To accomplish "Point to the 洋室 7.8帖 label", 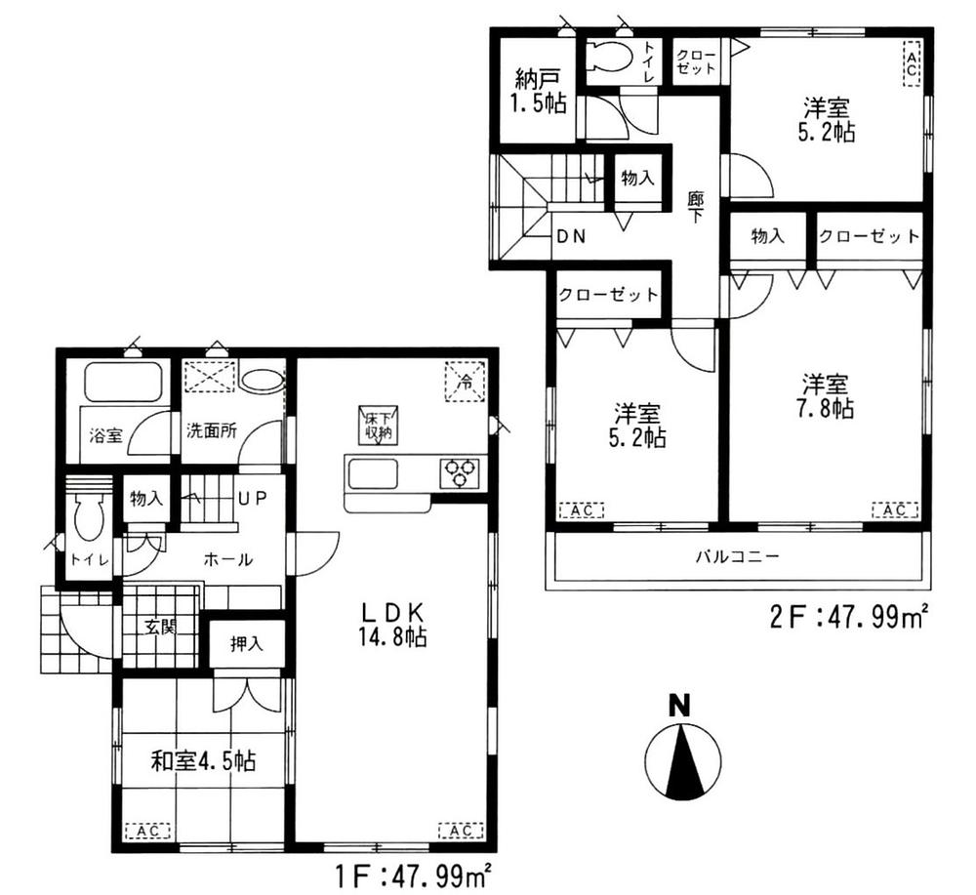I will (x=827, y=396).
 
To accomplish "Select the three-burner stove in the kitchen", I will (x=460, y=471).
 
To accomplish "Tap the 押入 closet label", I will (x=246, y=643).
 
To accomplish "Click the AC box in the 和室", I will (x=148, y=832).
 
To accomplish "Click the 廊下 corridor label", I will (x=696, y=206).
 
